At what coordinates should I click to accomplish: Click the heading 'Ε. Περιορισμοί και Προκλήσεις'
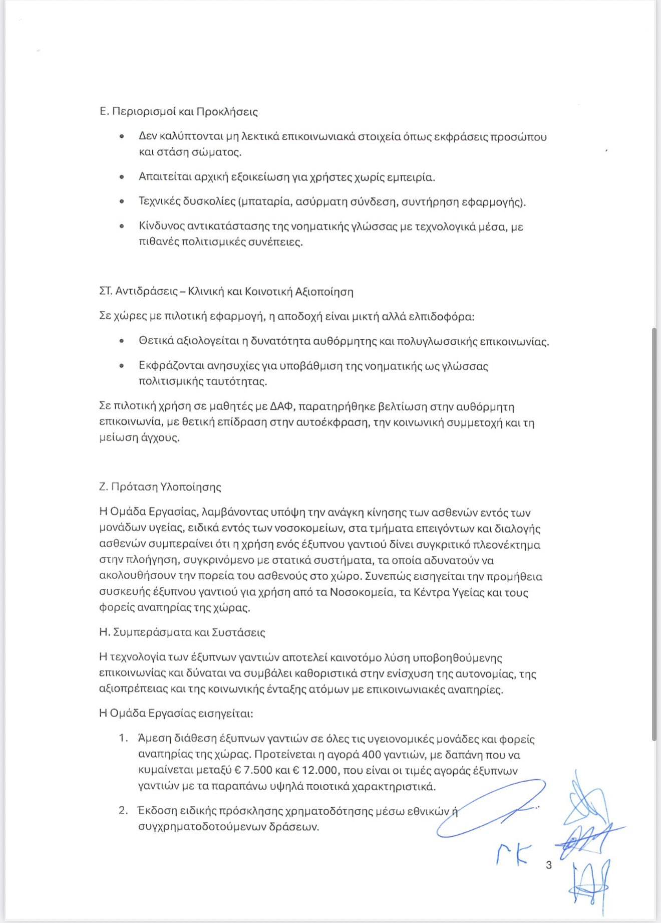178,111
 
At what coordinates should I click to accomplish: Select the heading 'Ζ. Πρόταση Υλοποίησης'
160,487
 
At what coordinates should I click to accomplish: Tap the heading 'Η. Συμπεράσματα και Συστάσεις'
182,632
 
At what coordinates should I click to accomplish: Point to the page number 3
549,865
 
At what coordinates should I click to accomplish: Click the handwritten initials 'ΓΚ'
513,854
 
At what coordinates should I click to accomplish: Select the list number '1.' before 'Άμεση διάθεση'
123,739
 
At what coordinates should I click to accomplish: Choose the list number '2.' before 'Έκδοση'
123,810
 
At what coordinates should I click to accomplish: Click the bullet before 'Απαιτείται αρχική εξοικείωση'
122,177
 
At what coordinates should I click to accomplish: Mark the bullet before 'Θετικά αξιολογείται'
122,342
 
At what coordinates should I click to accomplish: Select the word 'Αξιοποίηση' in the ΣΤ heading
324,292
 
